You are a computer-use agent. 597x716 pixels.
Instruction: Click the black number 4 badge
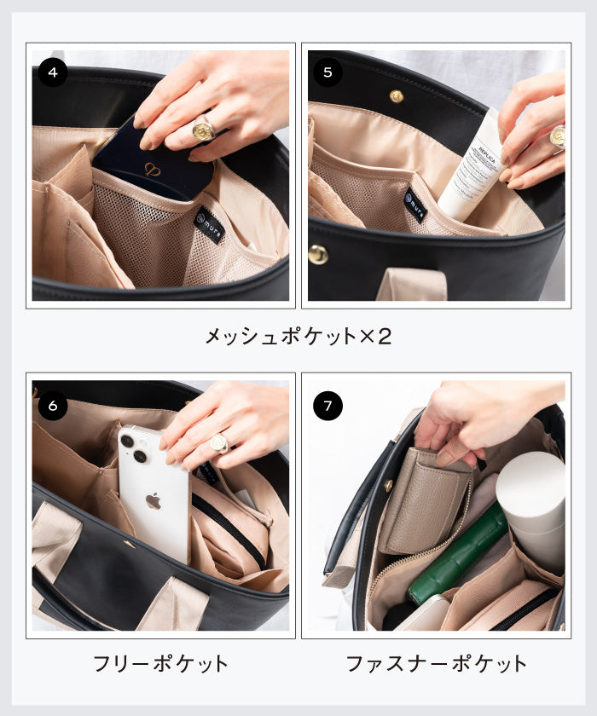pyautogui.click(x=53, y=72)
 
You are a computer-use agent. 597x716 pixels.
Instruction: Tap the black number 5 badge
pyautogui.click(x=328, y=72)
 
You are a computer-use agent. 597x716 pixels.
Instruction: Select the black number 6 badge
pyautogui.click(x=53, y=405)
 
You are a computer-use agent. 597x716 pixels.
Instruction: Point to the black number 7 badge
pyautogui.click(x=328, y=405)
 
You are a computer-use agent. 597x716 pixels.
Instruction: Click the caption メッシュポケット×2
pyautogui.click(x=298, y=336)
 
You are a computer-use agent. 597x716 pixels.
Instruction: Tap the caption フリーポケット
pyautogui.click(x=160, y=663)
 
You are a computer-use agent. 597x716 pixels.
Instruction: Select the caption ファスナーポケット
pyautogui.click(x=436, y=663)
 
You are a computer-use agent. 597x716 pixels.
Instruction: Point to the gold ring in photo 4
pyautogui.click(x=204, y=130)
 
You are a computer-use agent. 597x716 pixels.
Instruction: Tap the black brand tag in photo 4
pyautogui.click(x=210, y=224)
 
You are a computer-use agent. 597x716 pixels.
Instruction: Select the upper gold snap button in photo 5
pyautogui.click(x=397, y=95)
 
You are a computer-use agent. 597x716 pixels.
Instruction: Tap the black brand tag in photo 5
pyautogui.click(x=415, y=205)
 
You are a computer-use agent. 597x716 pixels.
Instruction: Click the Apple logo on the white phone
pyautogui.click(x=154, y=500)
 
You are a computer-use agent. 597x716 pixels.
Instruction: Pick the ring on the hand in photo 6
pyautogui.click(x=219, y=442)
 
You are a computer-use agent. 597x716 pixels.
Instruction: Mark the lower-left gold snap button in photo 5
pyautogui.click(x=318, y=254)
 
